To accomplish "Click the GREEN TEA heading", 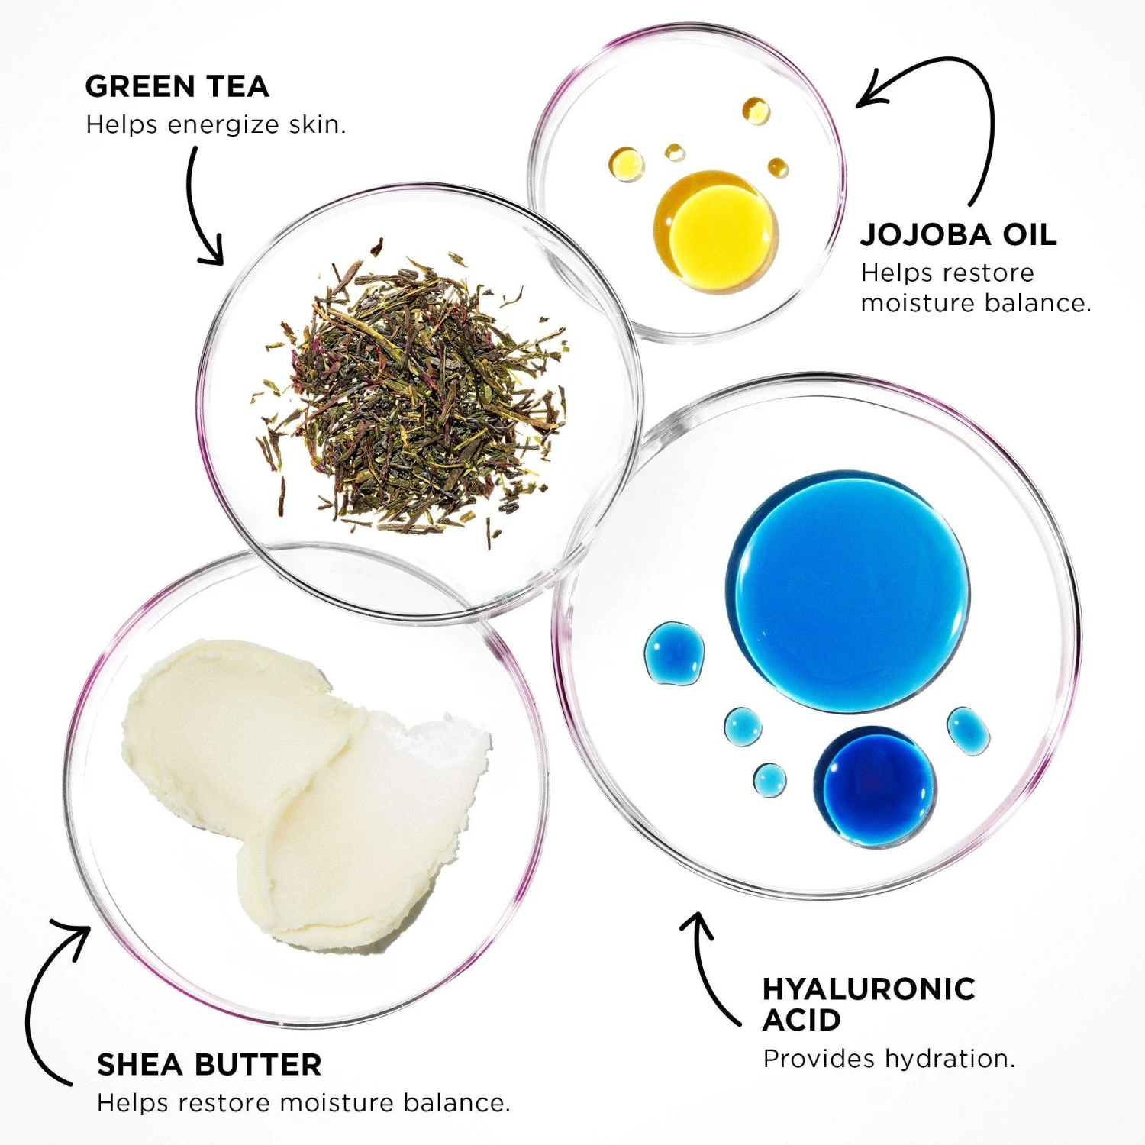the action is (177, 86).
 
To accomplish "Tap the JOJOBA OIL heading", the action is (959, 234).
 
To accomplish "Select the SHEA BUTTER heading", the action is (209, 1064).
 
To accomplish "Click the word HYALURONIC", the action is (869, 989).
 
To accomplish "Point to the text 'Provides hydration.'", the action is (889, 1059).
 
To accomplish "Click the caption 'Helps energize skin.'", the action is (216, 124).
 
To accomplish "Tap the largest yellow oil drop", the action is (716, 231).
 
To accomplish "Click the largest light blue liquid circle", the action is (847, 592).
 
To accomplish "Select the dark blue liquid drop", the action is (875, 786).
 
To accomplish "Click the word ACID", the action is (801, 1020).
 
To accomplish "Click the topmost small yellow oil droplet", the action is (756, 111).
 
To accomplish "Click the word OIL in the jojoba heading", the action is (1030, 234).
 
